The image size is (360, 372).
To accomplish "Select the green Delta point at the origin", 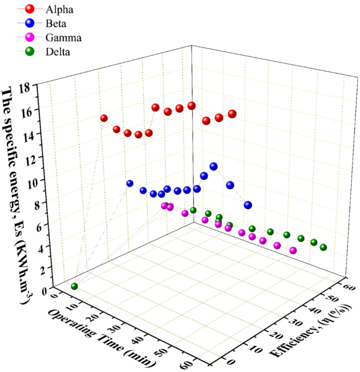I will tap(75, 286).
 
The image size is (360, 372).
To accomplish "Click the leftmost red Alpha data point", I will tap(104, 118).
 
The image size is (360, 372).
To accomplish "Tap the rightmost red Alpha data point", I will tap(232, 113).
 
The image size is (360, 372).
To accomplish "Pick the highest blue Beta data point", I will tap(213, 167).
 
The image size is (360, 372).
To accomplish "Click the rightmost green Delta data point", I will tap(324, 247).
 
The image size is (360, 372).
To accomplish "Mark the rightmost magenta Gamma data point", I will tap(293, 251).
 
